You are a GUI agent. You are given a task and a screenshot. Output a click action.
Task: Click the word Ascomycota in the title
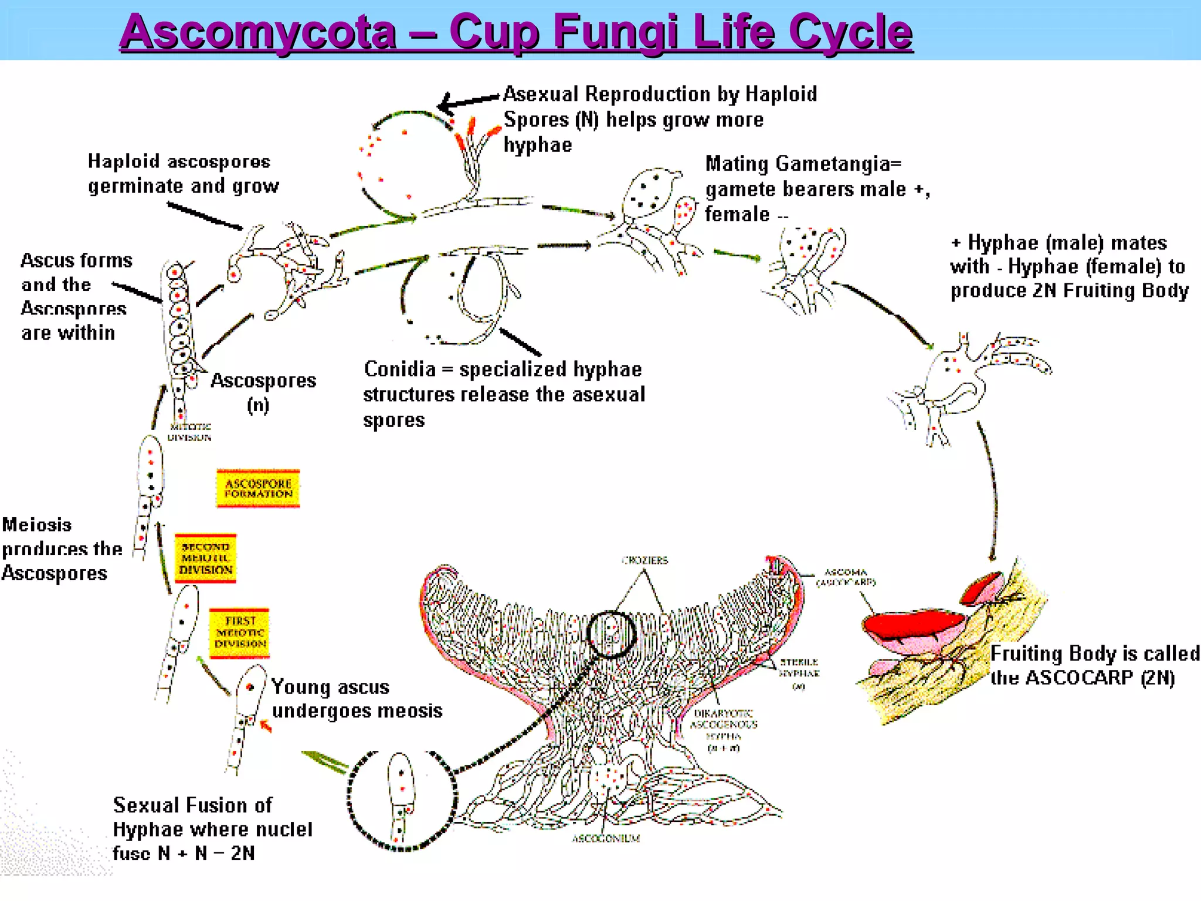pyautogui.click(x=259, y=32)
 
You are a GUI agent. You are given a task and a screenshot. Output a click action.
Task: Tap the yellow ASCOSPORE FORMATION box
pyautogui.click(x=258, y=488)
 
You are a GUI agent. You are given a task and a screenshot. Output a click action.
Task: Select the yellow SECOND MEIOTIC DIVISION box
pyautogui.click(x=205, y=558)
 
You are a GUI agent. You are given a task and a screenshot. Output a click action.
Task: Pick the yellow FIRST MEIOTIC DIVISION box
pyautogui.click(x=239, y=632)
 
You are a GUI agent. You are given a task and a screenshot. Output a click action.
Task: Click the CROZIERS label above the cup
pyautogui.click(x=644, y=560)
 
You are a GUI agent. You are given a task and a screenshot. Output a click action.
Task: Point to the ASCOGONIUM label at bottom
pyautogui.click(x=606, y=839)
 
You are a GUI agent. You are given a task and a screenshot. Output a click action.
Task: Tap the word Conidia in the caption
pyautogui.click(x=399, y=369)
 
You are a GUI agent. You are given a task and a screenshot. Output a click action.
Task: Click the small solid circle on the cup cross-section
pyautogui.click(x=611, y=634)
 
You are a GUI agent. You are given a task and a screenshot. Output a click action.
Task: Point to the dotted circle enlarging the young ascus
pyautogui.click(x=402, y=800)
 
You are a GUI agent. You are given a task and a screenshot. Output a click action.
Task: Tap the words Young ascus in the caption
pyautogui.click(x=331, y=686)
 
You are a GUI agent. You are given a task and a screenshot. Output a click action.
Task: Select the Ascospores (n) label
pyautogui.click(x=263, y=392)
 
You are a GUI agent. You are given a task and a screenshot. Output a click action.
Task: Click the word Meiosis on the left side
pyautogui.click(x=37, y=524)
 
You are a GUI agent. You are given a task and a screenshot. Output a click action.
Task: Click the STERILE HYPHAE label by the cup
pyautogui.click(x=799, y=668)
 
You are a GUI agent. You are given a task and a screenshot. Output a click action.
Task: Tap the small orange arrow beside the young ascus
pyautogui.click(x=266, y=727)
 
